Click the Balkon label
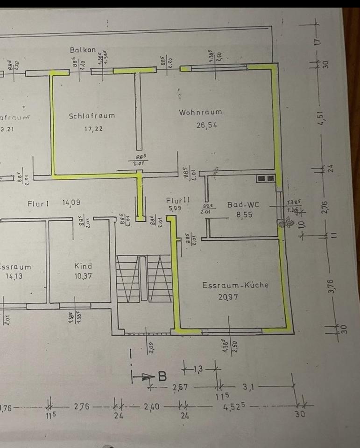click(83, 49)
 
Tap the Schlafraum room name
click(92, 116)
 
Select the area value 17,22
click(93, 129)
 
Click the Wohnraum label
click(200, 112)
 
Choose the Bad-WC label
click(243, 204)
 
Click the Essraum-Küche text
click(235, 285)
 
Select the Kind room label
click(83, 266)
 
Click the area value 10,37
click(83, 276)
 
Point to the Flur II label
click(178, 200)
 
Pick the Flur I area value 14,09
click(71, 203)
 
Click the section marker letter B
click(162, 375)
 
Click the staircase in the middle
click(144, 279)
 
